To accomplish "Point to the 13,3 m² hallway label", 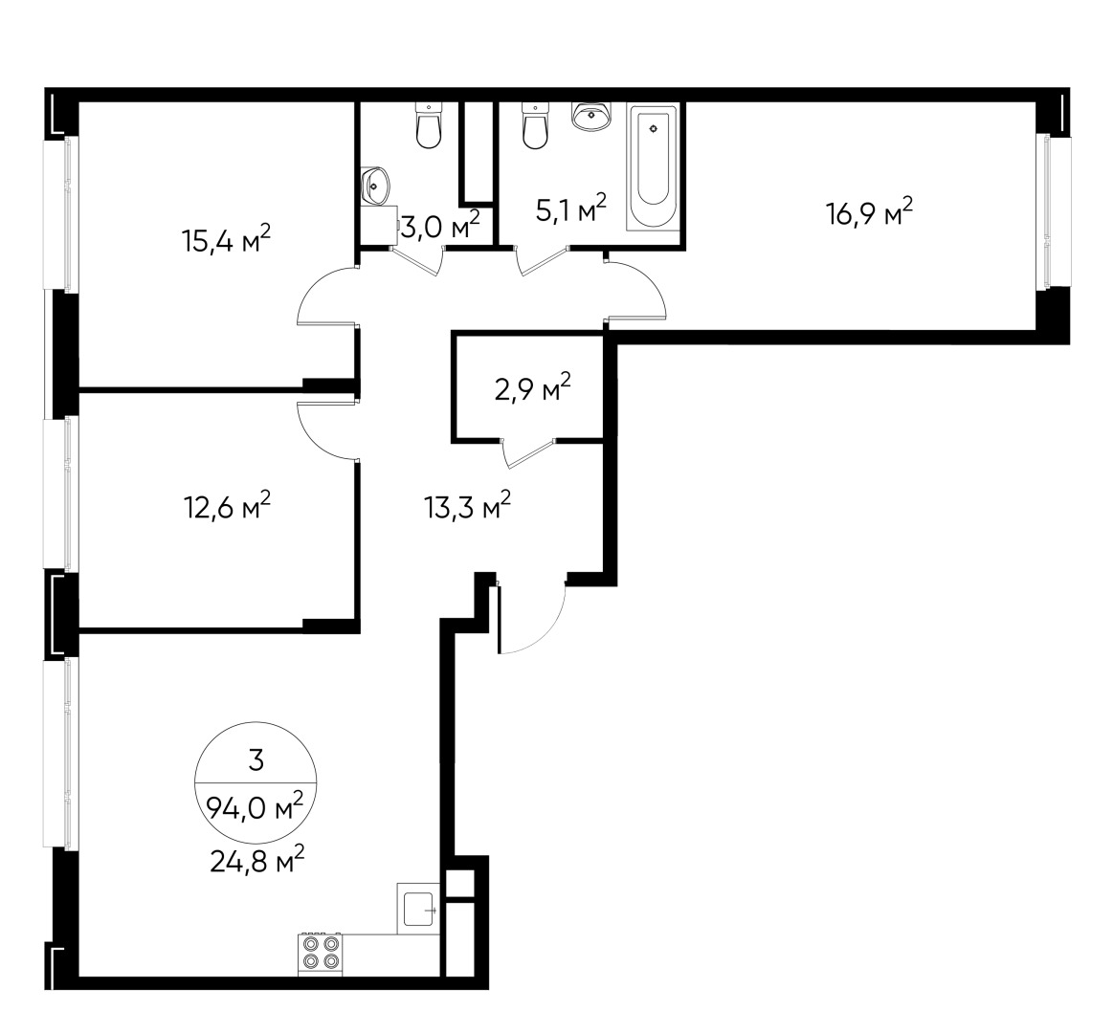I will [467, 506].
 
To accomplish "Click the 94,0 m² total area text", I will [256, 810].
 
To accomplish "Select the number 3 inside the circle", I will [256, 761].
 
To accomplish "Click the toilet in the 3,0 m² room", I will [429, 127].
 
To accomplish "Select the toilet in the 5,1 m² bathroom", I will [535, 126].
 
